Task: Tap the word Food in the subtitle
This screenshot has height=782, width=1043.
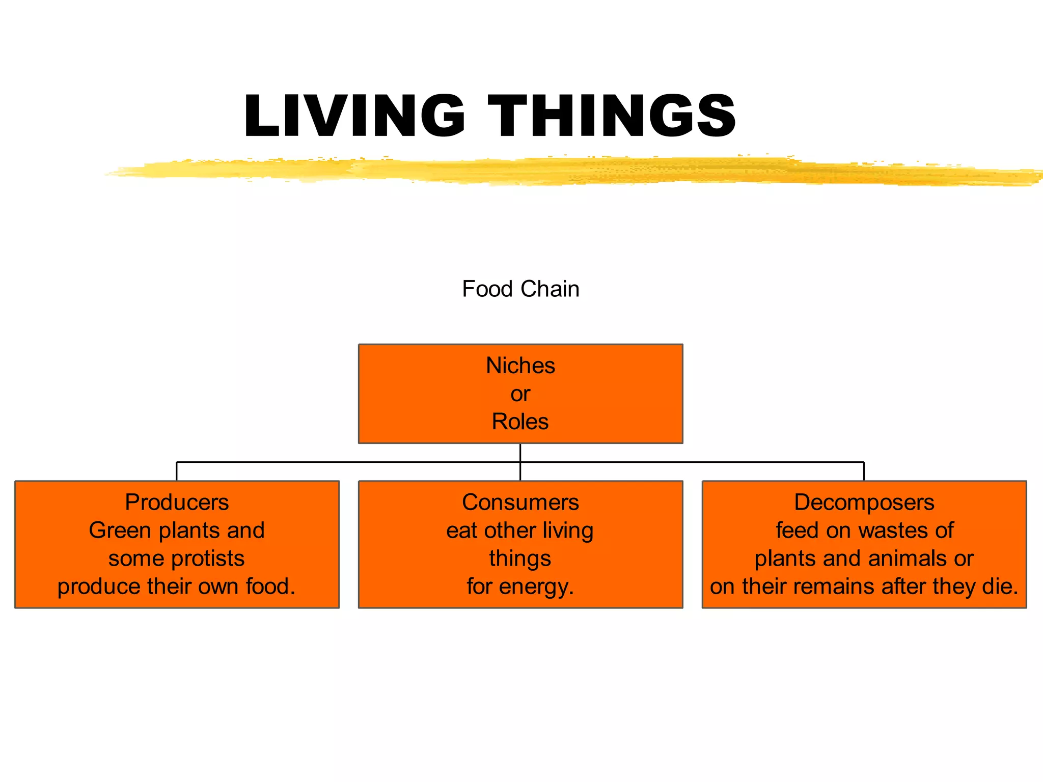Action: click(487, 289)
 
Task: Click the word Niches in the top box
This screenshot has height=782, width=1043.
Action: click(520, 366)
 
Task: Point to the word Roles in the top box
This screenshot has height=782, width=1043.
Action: click(520, 422)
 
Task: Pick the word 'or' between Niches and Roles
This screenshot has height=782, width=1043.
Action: click(520, 394)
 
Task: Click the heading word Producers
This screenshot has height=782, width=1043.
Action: click(177, 502)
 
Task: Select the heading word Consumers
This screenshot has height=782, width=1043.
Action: click(520, 502)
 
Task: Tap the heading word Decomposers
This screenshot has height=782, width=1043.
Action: click(864, 502)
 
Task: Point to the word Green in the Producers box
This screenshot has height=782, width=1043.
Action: click(120, 530)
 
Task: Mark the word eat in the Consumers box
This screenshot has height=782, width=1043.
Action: click(462, 530)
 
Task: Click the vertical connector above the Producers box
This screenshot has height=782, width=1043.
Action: click(177, 471)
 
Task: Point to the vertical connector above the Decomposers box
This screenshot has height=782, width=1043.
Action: click(864, 471)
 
